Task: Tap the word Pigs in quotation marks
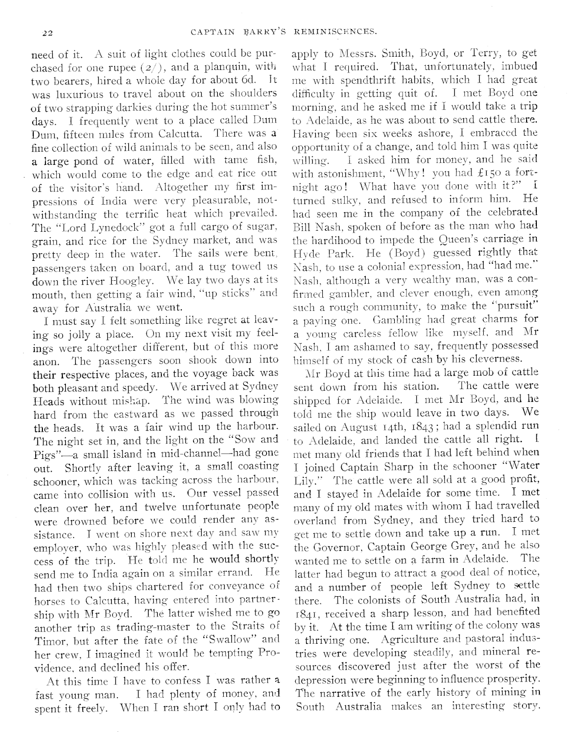(x=43, y=453)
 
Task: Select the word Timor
(x=49, y=640)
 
